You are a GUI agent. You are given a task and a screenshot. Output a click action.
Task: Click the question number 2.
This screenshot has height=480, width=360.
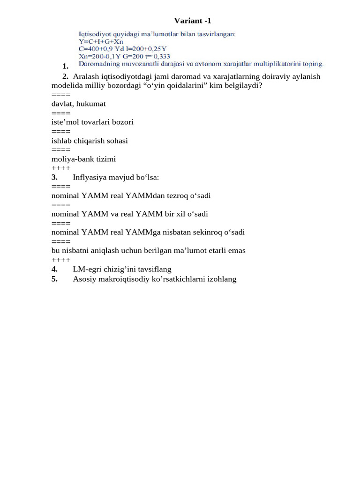point(65,76)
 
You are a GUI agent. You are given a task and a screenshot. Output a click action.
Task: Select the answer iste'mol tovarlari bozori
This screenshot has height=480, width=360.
point(92,122)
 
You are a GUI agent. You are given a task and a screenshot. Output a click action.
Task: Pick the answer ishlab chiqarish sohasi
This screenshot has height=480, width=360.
point(90,141)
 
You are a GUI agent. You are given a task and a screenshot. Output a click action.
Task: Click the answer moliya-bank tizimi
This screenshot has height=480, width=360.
point(83,159)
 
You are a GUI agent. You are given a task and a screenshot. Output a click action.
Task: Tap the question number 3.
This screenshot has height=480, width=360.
point(54,177)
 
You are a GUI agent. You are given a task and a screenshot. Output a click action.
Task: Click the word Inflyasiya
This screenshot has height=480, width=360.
point(90,177)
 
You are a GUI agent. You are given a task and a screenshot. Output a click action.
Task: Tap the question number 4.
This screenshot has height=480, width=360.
point(54,269)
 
